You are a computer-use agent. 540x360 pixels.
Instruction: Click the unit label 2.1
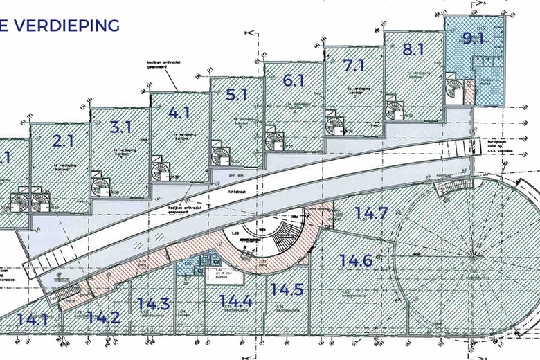click(63, 142)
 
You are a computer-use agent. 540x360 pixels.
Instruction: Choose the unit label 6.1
click(294, 80)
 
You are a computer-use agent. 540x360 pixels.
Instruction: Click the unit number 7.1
click(354, 65)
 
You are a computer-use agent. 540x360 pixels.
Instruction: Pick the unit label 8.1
click(413, 50)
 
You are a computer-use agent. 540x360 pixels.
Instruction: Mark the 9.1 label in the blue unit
click(473, 37)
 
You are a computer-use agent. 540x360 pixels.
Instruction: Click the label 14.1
click(33, 320)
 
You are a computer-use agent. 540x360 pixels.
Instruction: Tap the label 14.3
click(153, 303)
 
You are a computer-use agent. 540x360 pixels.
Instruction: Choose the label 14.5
click(287, 289)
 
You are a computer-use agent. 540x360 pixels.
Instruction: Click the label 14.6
click(357, 261)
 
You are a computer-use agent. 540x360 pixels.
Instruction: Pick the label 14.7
click(371, 213)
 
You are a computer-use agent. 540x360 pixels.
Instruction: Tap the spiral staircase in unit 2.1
click(101, 186)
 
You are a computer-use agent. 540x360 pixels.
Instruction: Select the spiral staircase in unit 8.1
click(456, 89)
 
